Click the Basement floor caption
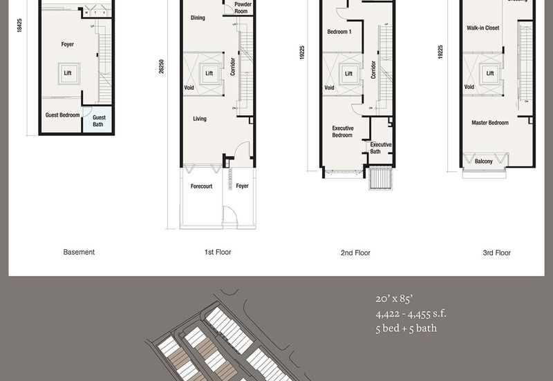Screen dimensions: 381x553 coord(79,253)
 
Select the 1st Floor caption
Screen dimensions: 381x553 coord(218,253)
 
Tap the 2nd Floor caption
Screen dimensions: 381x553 coord(355,253)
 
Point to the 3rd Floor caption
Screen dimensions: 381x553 coord(496,253)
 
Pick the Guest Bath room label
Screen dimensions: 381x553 coord(98,121)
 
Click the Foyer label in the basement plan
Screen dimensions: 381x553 coord(67,45)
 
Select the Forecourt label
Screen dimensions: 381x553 coord(202,186)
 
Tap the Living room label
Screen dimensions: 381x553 coord(200,119)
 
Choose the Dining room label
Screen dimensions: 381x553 coord(198,18)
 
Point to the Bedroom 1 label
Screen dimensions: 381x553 coord(339,32)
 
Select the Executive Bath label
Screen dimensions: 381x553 coord(380,148)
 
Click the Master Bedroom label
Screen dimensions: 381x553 coord(490,123)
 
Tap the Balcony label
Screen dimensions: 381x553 coord(484,162)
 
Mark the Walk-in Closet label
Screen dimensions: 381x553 coord(483,28)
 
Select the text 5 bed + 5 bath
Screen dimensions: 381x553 coord(406,329)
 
